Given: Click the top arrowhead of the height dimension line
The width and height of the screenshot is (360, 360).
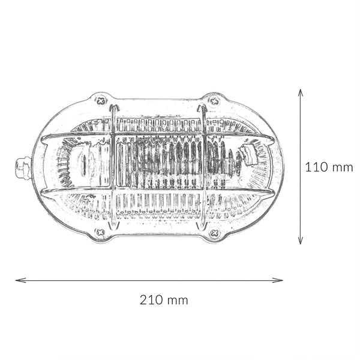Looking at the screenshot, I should [x=301, y=91].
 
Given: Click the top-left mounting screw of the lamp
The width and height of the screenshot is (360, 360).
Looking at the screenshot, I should [x=101, y=100].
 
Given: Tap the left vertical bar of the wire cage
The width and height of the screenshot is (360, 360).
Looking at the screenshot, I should [x=112, y=168].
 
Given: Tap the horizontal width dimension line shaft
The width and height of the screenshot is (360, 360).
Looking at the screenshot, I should [x=150, y=280].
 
